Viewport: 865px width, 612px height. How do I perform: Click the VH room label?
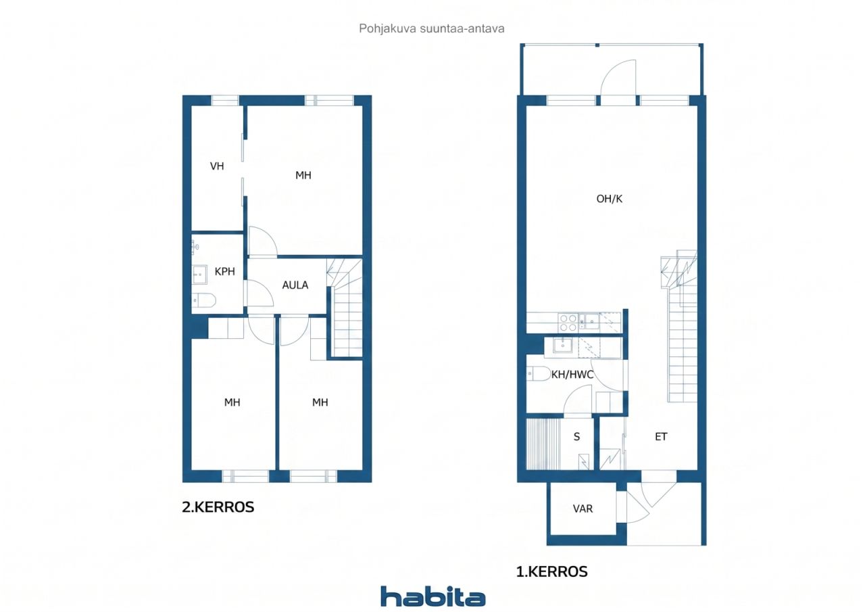(217, 166)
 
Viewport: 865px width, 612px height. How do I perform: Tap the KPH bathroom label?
(225, 272)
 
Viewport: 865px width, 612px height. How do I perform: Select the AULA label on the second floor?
(295, 285)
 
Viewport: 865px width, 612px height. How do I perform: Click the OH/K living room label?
(610, 199)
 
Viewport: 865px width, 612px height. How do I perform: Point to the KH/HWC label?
(572, 375)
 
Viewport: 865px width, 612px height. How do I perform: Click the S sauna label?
(576, 437)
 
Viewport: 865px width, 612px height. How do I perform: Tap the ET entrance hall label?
(661, 437)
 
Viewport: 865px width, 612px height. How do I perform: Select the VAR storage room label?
(583, 509)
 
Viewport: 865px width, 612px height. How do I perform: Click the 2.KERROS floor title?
(218, 507)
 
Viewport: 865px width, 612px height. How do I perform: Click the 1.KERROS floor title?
(552, 571)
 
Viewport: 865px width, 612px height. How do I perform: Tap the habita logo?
(433, 596)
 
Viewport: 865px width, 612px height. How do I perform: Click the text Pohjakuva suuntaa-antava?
(432, 28)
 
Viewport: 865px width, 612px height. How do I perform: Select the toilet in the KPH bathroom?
(203, 300)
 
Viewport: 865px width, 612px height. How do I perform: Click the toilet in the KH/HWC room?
(539, 373)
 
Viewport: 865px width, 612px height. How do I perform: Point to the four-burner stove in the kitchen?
(568, 323)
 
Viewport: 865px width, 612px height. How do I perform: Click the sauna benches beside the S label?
(543, 444)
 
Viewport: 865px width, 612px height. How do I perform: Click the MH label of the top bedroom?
(303, 175)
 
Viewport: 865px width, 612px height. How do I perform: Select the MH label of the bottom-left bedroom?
(232, 402)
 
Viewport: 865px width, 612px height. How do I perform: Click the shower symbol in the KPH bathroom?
(195, 247)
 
